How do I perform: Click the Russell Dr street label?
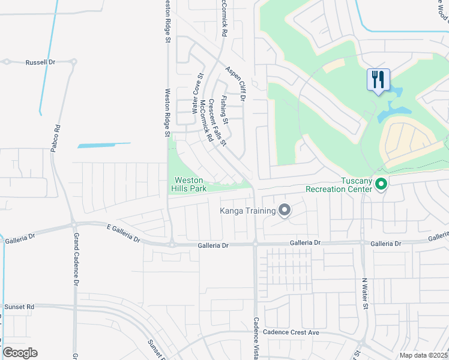pyautogui.click(x=40, y=62)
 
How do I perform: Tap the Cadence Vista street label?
pyautogui.click(x=256, y=339)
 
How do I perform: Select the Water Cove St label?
pyautogui.click(x=196, y=94)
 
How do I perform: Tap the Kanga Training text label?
pyautogui.click(x=247, y=211)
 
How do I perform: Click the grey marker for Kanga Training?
pyautogui.click(x=285, y=210)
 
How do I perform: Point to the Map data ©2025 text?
pyautogui.click(x=423, y=355)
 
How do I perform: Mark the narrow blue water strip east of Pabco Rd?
pyautogui.click(x=104, y=145)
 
